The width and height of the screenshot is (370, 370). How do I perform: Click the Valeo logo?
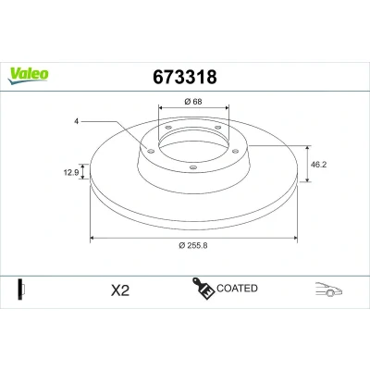(x=29, y=76)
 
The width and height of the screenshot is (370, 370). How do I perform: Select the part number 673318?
(x=185, y=77)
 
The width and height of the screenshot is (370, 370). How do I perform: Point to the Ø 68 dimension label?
(x=193, y=101)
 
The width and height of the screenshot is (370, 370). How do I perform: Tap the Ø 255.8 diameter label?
(x=193, y=245)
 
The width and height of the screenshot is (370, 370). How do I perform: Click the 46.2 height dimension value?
(x=318, y=165)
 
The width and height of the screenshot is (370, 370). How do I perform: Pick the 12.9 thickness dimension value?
(x=71, y=172)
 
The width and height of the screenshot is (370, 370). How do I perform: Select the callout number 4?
(x=76, y=121)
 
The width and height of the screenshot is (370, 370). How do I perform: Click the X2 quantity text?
(x=120, y=290)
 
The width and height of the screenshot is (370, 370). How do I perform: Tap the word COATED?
(x=237, y=289)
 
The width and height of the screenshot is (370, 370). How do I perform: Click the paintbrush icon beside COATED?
(x=203, y=289)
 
